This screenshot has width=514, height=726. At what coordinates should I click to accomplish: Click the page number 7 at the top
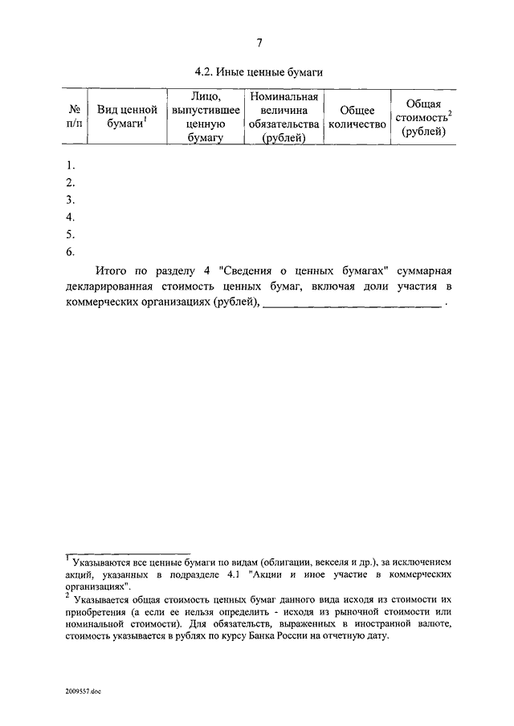[x=259, y=43]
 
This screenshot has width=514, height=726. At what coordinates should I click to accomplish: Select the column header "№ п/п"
[x=73, y=117]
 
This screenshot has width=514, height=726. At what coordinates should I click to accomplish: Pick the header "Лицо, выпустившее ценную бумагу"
[x=200, y=117]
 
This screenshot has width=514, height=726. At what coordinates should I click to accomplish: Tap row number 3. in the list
[x=71, y=200]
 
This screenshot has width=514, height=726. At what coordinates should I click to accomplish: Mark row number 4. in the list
[x=71, y=217]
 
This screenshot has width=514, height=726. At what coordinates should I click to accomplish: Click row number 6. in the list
[x=71, y=252]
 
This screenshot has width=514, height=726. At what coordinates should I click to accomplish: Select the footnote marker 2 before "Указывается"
[x=68, y=596]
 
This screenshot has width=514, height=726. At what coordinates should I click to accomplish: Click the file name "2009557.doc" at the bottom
[x=84, y=691]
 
